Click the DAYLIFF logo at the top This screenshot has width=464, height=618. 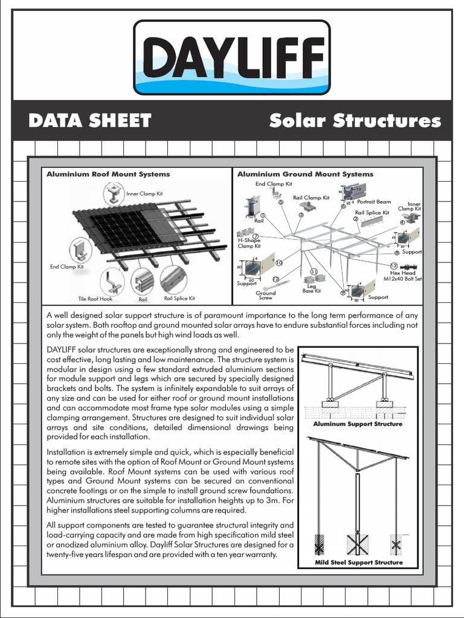(x=231, y=57)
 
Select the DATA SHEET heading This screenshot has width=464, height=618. (x=89, y=121)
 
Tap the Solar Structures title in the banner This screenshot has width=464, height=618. (x=355, y=121)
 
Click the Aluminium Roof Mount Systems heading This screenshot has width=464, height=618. (x=108, y=174)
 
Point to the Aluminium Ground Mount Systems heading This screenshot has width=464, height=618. (x=305, y=174)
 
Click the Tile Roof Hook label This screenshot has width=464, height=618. (x=95, y=299)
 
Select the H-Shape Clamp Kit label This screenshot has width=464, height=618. (x=249, y=243)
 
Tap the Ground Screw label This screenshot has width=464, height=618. (x=266, y=296)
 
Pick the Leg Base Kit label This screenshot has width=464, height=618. (x=312, y=288)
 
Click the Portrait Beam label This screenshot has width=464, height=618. (x=374, y=202)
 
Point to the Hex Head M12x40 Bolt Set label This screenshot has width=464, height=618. (x=404, y=276)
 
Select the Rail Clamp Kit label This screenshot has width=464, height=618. (x=311, y=197)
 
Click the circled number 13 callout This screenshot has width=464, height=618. (x=393, y=266)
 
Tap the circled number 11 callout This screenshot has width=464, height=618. (x=314, y=272)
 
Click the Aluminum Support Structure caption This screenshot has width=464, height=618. (x=358, y=424)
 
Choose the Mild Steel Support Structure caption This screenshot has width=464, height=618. (x=358, y=562)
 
